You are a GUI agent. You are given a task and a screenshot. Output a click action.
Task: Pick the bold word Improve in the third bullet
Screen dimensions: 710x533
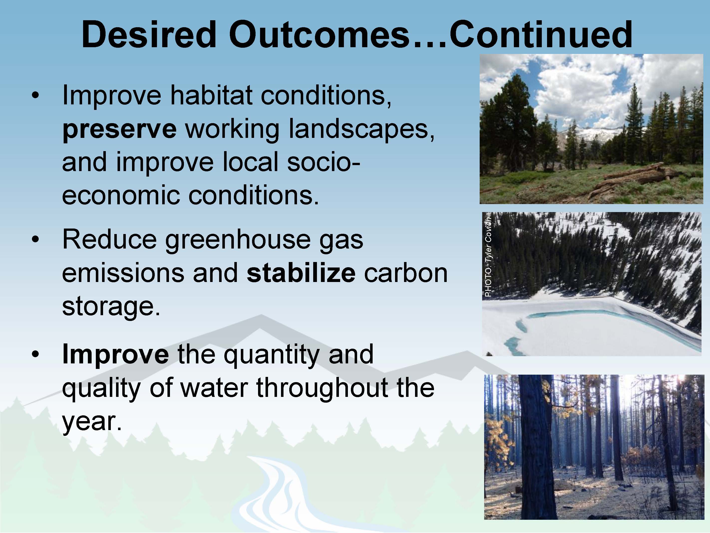pos(116,354)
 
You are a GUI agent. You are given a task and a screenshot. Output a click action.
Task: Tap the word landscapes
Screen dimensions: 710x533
pos(362,129)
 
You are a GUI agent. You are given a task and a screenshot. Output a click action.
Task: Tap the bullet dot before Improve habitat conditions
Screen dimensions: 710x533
pos(36,95)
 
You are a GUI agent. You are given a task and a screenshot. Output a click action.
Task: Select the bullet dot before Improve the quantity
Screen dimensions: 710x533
pos(36,354)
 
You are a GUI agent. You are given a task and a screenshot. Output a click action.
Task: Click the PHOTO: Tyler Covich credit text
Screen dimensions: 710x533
pos(488,257)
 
